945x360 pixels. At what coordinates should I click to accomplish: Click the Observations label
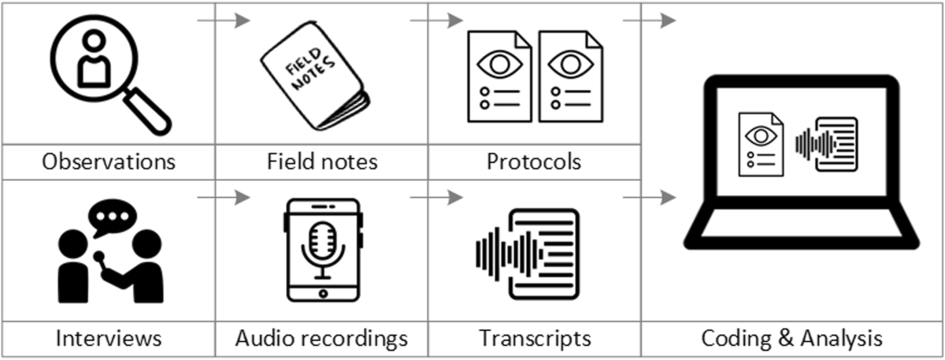point(109,161)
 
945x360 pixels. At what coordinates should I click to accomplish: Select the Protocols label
point(534,161)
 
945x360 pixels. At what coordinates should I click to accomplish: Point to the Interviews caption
point(109,339)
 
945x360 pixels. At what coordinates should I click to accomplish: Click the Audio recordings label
point(321,339)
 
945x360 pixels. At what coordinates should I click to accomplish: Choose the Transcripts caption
point(535,339)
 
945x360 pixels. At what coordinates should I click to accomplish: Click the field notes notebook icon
point(315,87)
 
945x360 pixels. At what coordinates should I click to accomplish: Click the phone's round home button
point(323,293)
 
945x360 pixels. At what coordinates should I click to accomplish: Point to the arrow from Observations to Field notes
point(223,20)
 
